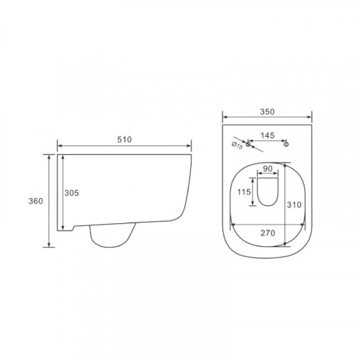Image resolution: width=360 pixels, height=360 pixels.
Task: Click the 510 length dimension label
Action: pyautogui.click(x=125, y=140)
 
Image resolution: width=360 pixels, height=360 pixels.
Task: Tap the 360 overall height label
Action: pyautogui.click(x=36, y=201)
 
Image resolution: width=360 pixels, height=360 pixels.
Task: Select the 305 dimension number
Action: pyautogui.click(x=71, y=193)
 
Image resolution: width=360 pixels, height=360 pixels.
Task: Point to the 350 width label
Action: pyautogui.click(x=267, y=112)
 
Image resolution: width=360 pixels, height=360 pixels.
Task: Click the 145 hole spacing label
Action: pyautogui.click(x=267, y=135)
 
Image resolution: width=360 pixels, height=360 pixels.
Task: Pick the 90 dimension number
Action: pyautogui.click(x=268, y=168)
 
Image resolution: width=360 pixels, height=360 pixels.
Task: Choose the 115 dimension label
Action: pyautogui.click(x=244, y=192)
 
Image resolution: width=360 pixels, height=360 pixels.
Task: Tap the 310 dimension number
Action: pyautogui.click(x=294, y=204)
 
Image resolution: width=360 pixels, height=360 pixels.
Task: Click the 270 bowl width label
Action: pyautogui.click(x=268, y=233)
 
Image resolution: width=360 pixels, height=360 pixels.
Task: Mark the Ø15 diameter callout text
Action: pyautogui.click(x=237, y=145)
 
